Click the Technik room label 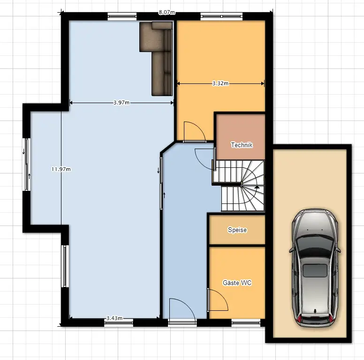click(x=242, y=145)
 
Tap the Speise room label click(x=237, y=230)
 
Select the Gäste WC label click(x=237, y=283)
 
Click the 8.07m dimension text click(x=167, y=12)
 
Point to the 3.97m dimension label click(x=121, y=103)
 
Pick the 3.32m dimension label click(x=220, y=83)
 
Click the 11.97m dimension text click(x=61, y=169)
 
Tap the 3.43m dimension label click(x=114, y=318)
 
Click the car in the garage click(x=315, y=268)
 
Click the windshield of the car click(x=315, y=246)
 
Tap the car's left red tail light click(x=299, y=319)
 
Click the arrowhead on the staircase click(x=257, y=187)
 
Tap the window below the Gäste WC click(x=246, y=322)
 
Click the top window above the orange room click(x=221, y=16)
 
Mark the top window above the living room click(x=122, y=16)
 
